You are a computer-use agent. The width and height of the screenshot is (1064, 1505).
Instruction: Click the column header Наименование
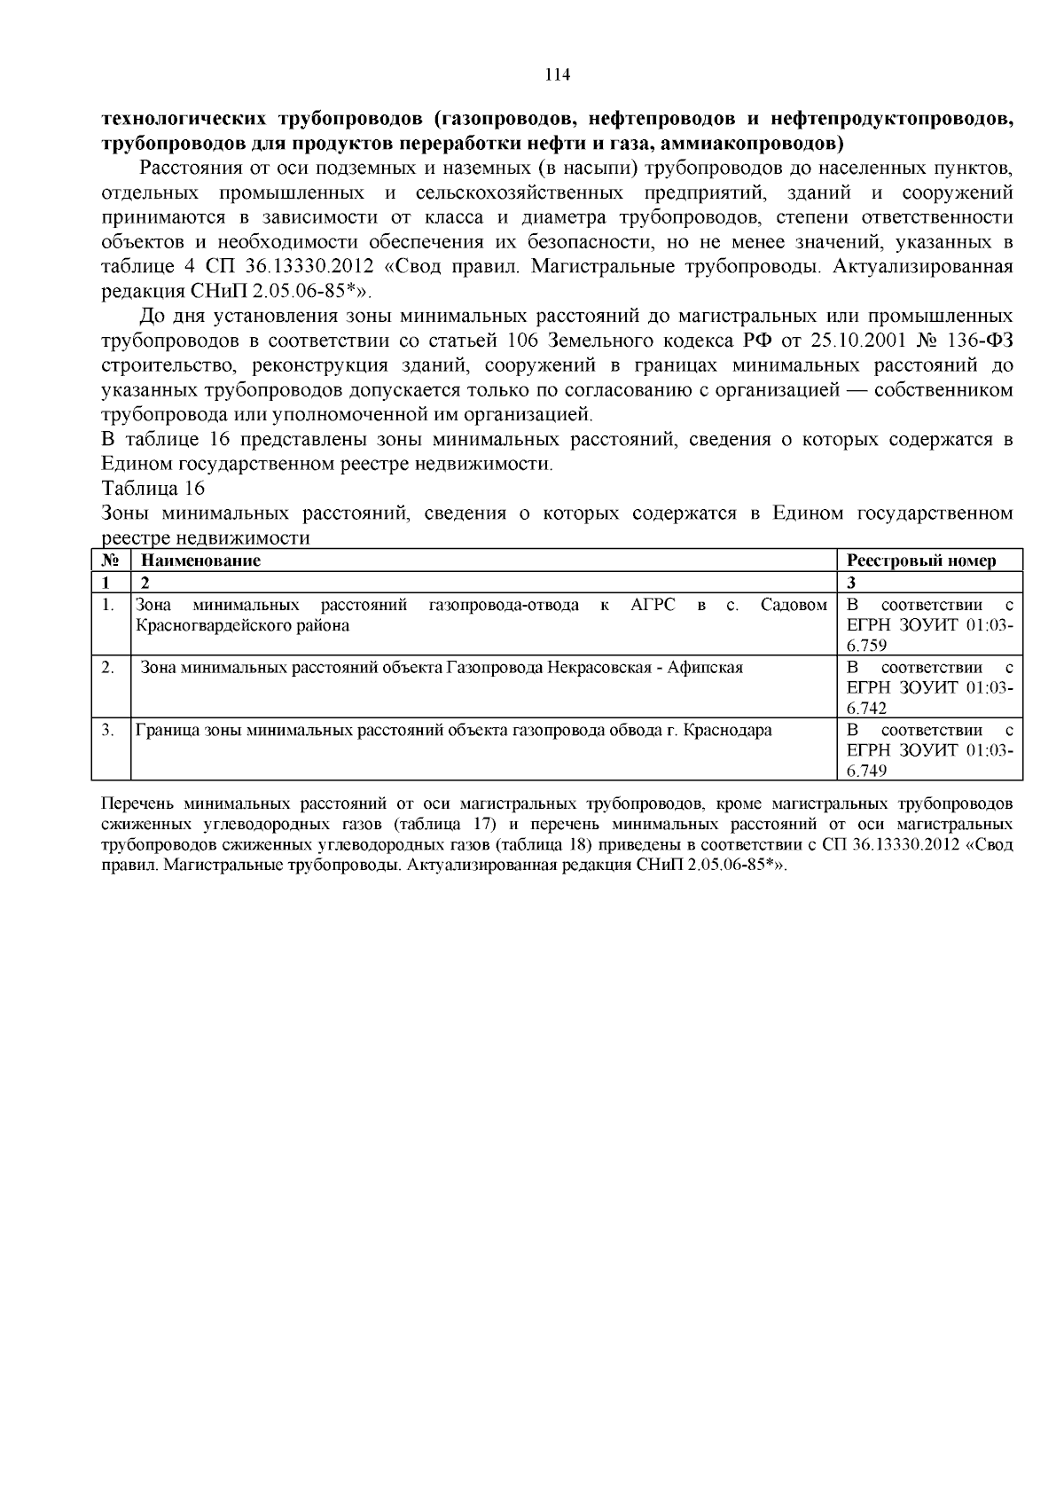click(x=200, y=560)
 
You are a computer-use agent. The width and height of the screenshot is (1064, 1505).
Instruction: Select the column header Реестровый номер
click(x=921, y=560)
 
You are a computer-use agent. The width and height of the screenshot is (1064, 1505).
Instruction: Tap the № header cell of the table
click(x=111, y=560)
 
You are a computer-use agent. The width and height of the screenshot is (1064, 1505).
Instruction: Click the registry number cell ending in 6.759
click(x=929, y=625)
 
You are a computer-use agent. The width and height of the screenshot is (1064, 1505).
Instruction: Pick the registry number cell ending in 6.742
click(x=929, y=687)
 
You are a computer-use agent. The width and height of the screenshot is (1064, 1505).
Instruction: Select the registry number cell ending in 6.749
click(x=929, y=750)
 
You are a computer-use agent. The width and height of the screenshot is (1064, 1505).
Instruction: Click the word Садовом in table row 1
click(x=794, y=605)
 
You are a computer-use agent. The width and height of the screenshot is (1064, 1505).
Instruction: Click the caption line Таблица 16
click(x=153, y=489)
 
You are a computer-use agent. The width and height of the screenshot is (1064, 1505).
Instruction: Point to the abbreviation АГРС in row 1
click(x=653, y=605)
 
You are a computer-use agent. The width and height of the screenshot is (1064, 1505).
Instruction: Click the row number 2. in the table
click(x=108, y=668)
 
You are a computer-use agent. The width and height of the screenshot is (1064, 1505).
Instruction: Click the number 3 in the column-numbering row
click(x=850, y=583)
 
